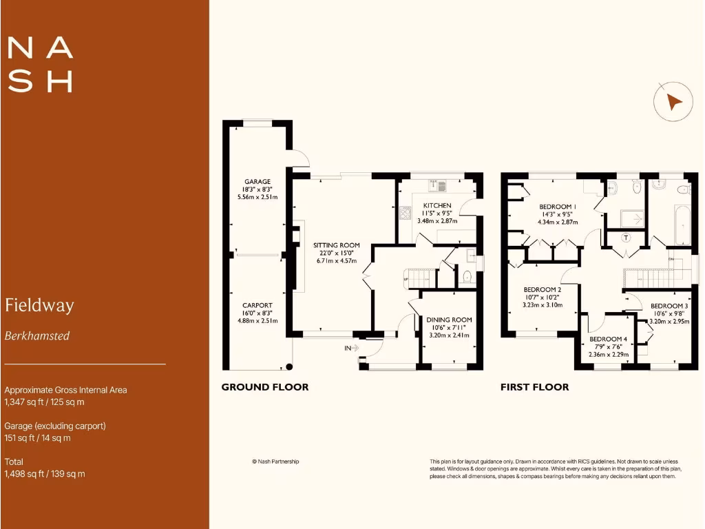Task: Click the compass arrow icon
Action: tap(673, 102)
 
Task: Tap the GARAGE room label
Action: tap(257, 182)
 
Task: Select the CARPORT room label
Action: tap(257, 305)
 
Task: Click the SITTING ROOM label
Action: tap(337, 245)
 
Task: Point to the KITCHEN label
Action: tap(437, 206)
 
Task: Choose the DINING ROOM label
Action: tap(449, 320)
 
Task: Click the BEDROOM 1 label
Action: tap(558, 207)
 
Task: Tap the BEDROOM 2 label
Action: tap(542, 289)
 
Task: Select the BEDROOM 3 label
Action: tap(669, 306)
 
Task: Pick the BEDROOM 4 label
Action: tap(608, 339)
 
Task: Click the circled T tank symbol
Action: tap(626, 238)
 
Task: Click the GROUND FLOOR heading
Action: tap(264, 387)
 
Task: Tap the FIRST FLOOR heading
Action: tap(534, 387)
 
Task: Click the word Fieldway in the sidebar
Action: tap(39, 305)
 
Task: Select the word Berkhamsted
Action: tap(37, 336)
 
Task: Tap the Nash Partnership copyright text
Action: tap(275, 461)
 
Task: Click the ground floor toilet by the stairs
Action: tap(467, 278)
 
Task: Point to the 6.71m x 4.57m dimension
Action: tap(337, 261)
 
